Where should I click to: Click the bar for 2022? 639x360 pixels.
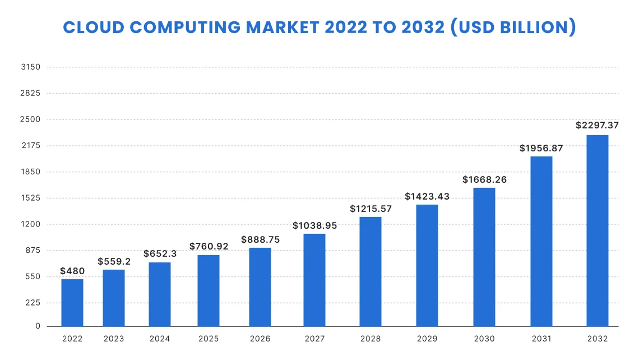pyautogui.click(x=72, y=303)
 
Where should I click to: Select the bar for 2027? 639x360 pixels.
pyautogui.click(x=314, y=280)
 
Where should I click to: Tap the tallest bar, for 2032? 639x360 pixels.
pyautogui.click(x=597, y=230)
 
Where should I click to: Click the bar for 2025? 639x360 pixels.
pyautogui.click(x=209, y=290)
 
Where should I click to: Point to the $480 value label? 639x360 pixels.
pyautogui.click(x=72, y=271)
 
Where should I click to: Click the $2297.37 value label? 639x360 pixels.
pyautogui.click(x=597, y=126)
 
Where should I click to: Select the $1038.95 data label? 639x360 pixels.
pyautogui.click(x=314, y=225)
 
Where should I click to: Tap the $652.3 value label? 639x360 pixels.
pyautogui.click(x=160, y=253)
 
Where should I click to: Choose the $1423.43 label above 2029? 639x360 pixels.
pyautogui.click(x=427, y=196)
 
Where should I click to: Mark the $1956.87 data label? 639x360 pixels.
pyautogui.click(x=541, y=148)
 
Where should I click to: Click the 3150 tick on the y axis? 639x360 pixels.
pyautogui.click(x=30, y=67)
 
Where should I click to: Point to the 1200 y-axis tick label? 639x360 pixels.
pyautogui.click(x=30, y=224)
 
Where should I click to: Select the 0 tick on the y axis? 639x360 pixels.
pyautogui.click(x=38, y=326)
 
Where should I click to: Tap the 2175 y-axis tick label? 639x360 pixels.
pyautogui.click(x=30, y=146)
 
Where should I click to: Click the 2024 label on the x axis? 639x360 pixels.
pyautogui.click(x=160, y=339)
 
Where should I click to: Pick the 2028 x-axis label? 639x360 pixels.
pyautogui.click(x=371, y=339)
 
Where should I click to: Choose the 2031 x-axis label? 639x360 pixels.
pyautogui.click(x=541, y=339)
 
